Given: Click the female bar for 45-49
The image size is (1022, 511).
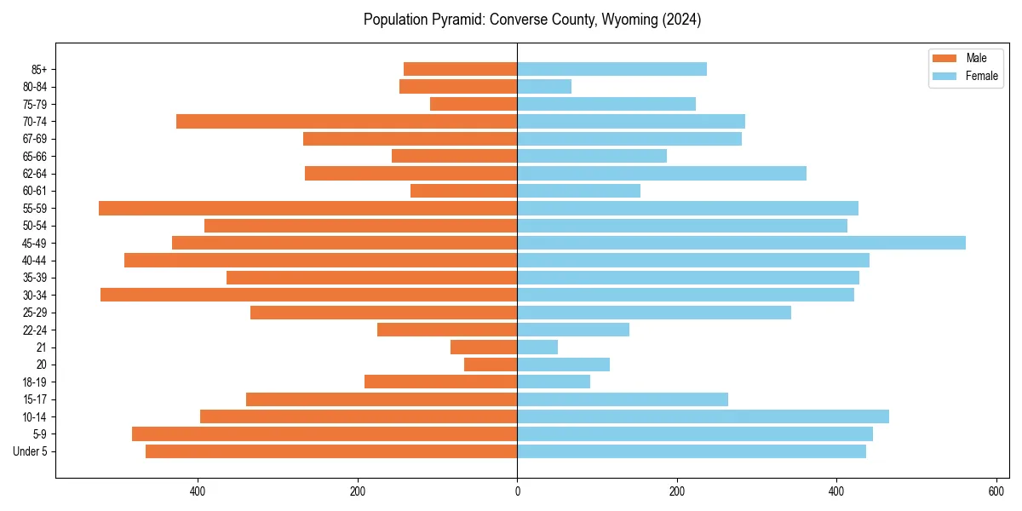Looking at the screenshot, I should point(741,243).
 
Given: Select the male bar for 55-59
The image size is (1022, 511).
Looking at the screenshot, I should point(307,208).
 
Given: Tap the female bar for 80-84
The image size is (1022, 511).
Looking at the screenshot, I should point(544,87).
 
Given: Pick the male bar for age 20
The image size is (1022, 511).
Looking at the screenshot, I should point(491,365).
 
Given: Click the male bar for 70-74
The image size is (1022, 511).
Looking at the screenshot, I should point(347,121).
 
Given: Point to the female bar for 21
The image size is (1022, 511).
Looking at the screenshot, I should point(537,347).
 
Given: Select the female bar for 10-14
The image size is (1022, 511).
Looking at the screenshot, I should point(703,416).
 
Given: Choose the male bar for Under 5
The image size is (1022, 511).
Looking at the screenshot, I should point(331,451).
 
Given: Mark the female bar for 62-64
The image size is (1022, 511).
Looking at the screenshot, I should point(662,174).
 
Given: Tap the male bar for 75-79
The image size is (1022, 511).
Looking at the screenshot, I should point(474,104).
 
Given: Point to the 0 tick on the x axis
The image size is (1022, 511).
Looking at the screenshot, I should point(517,491).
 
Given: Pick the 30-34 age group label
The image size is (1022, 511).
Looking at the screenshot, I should point(34,296).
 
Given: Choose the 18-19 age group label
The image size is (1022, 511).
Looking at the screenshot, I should point(34,382).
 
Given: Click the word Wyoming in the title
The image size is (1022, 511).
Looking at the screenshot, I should point(613,20).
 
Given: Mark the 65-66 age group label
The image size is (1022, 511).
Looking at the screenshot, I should point(34,157).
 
